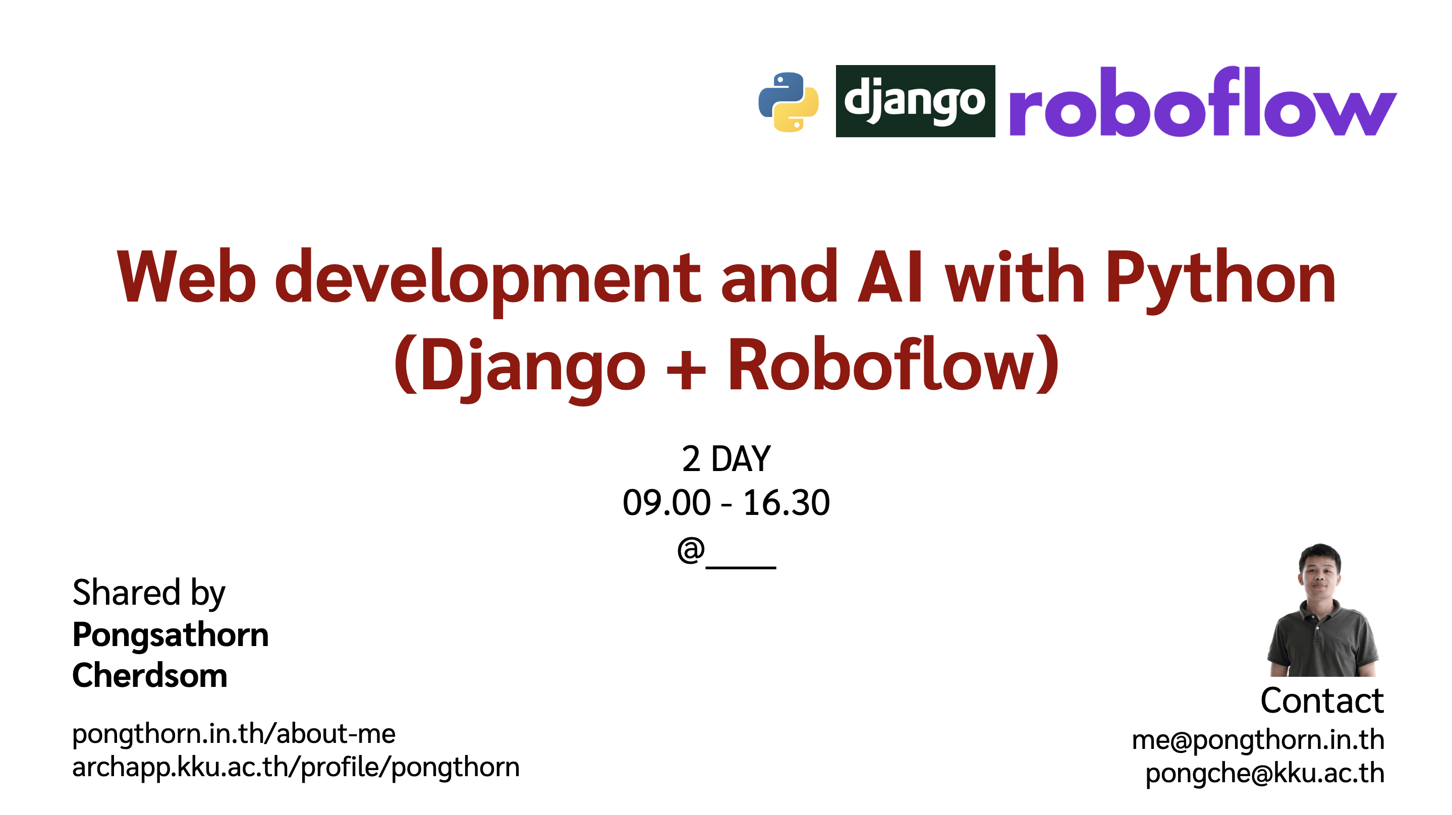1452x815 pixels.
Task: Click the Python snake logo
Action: point(788,102)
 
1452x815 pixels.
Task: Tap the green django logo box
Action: point(915,101)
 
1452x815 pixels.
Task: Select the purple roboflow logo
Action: point(1202,102)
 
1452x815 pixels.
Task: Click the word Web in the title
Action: point(186,277)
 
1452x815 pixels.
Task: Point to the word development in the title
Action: point(487,277)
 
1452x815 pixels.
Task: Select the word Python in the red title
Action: point(1220,277)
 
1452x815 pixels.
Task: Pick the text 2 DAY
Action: point(726,459)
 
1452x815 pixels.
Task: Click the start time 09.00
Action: point(666,502)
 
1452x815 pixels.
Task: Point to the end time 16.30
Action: point(787,502)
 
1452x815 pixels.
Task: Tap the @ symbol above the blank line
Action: point(691,550)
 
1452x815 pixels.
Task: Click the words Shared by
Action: point(148,593)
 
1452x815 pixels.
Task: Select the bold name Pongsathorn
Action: point(170,634)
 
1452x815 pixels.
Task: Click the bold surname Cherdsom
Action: point(149,675)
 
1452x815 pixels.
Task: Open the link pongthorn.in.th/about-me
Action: point(234,734)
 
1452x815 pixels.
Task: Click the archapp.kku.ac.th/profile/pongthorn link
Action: point(296,767)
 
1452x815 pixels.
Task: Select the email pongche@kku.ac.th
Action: point(1265,773)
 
